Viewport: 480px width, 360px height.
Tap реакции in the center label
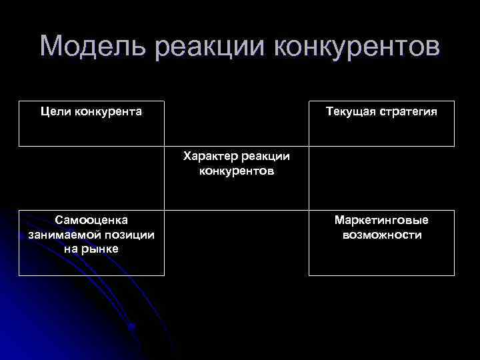tap(266, 157)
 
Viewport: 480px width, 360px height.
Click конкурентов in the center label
tap(237, 171)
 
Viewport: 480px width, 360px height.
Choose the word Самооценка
tap(91, 220)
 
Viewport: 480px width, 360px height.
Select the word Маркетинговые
tap(381, 220)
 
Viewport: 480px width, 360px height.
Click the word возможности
tap(381, 235)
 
